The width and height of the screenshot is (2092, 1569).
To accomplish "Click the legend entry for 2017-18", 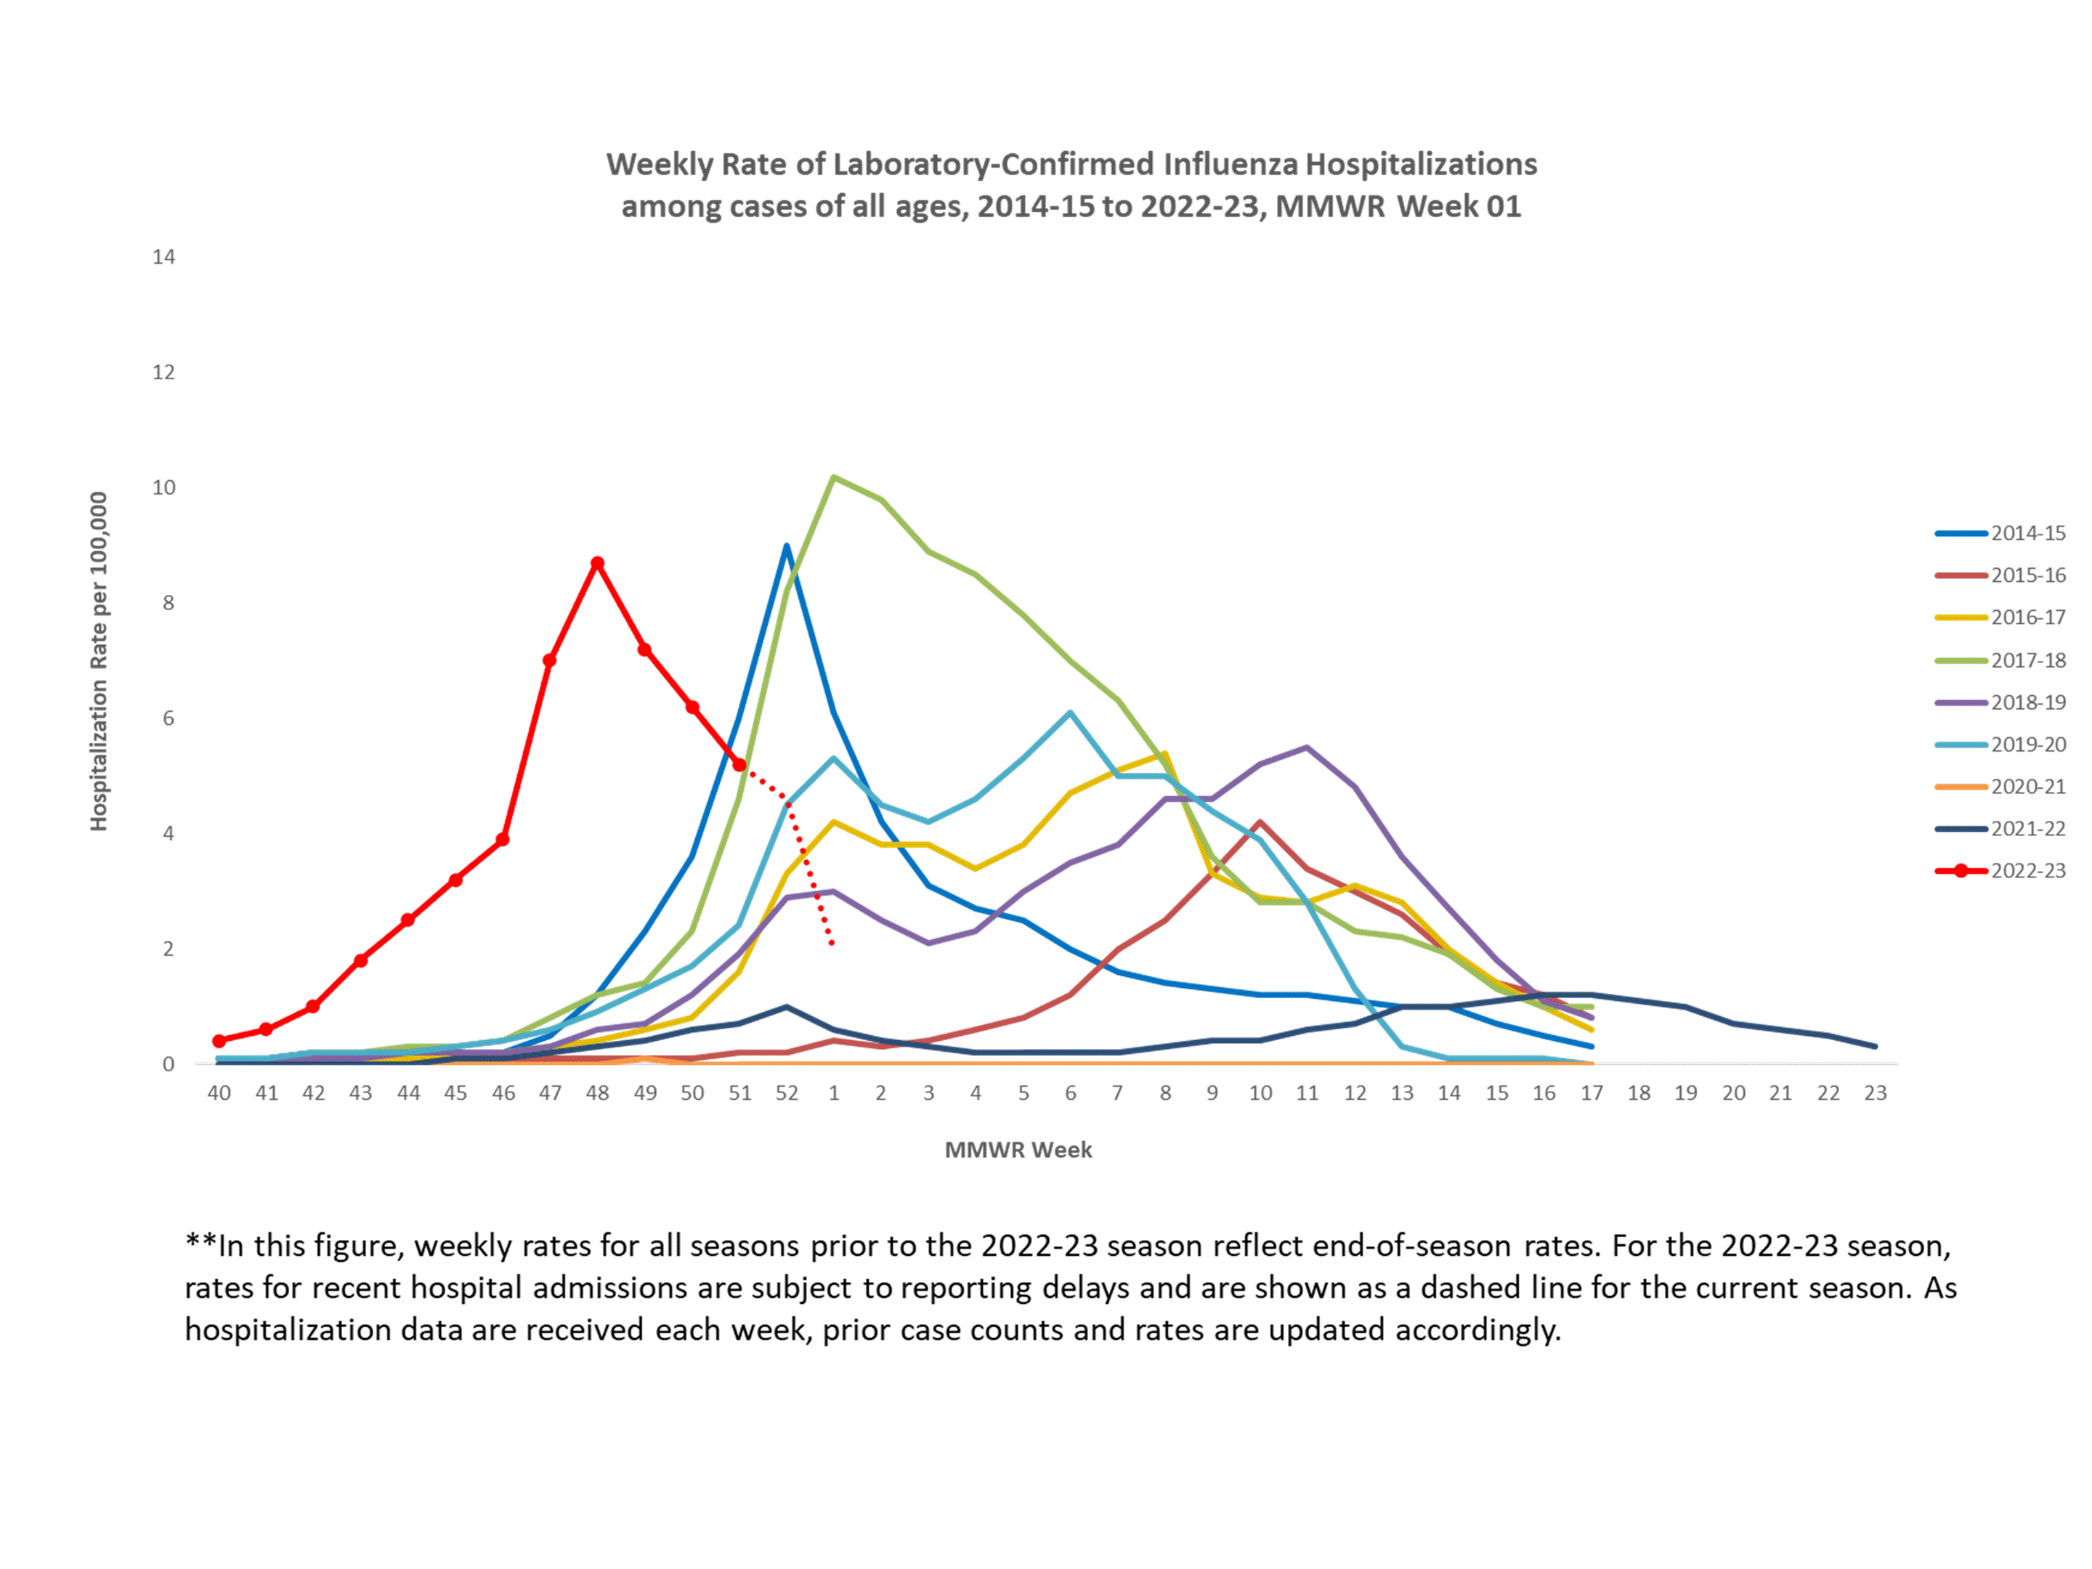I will click(2027, 660).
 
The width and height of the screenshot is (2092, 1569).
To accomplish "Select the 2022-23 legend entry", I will click(2027, 871).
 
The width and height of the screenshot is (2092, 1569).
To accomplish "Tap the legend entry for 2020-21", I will click(2027, 787).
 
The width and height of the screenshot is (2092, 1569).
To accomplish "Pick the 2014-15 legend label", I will click(2027, 533).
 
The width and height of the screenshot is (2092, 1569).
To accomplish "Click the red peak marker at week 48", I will click(597, 564).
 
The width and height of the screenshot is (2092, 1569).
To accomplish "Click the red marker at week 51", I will click(739, 764).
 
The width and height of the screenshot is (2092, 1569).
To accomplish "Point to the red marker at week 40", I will click(219, 1041).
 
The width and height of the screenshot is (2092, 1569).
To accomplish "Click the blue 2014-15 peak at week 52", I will click(786, 547).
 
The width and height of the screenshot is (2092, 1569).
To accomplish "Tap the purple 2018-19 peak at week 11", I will click(1307, 747).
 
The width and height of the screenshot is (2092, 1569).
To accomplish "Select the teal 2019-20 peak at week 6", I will click(1070, 713).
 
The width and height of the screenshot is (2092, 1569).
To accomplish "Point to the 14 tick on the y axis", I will click(163, 257).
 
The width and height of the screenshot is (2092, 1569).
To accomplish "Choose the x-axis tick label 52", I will click(786, 1093).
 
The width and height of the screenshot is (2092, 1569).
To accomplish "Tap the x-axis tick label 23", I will click(1875, 1093).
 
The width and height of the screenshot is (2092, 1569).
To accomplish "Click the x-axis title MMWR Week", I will click(1018, 1150).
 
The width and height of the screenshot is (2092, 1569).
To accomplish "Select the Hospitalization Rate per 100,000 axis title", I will click(98, 661).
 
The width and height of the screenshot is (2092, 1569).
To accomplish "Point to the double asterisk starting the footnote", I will click(200, 1244).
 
